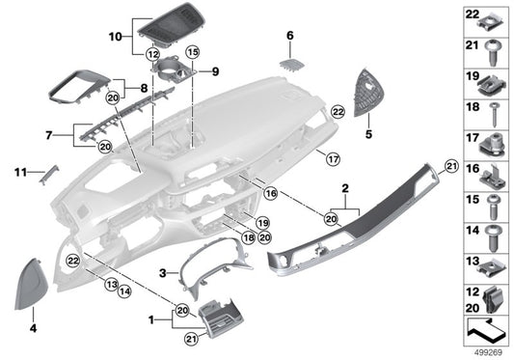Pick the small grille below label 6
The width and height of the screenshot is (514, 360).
pyautogui.click(x=292, y=63)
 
